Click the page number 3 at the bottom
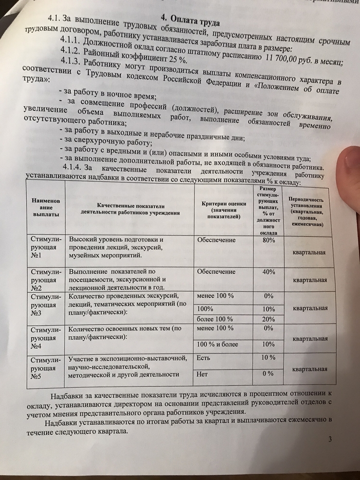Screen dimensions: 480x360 pyautogui.click(x=330, y=439)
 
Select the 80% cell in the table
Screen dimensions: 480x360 pyautogui.click(x=268, y=240)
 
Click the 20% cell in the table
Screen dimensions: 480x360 pyautogui.click(x=268, y=318)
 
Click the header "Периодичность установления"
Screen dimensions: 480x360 pyautogui.click(x=310, y=211)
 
